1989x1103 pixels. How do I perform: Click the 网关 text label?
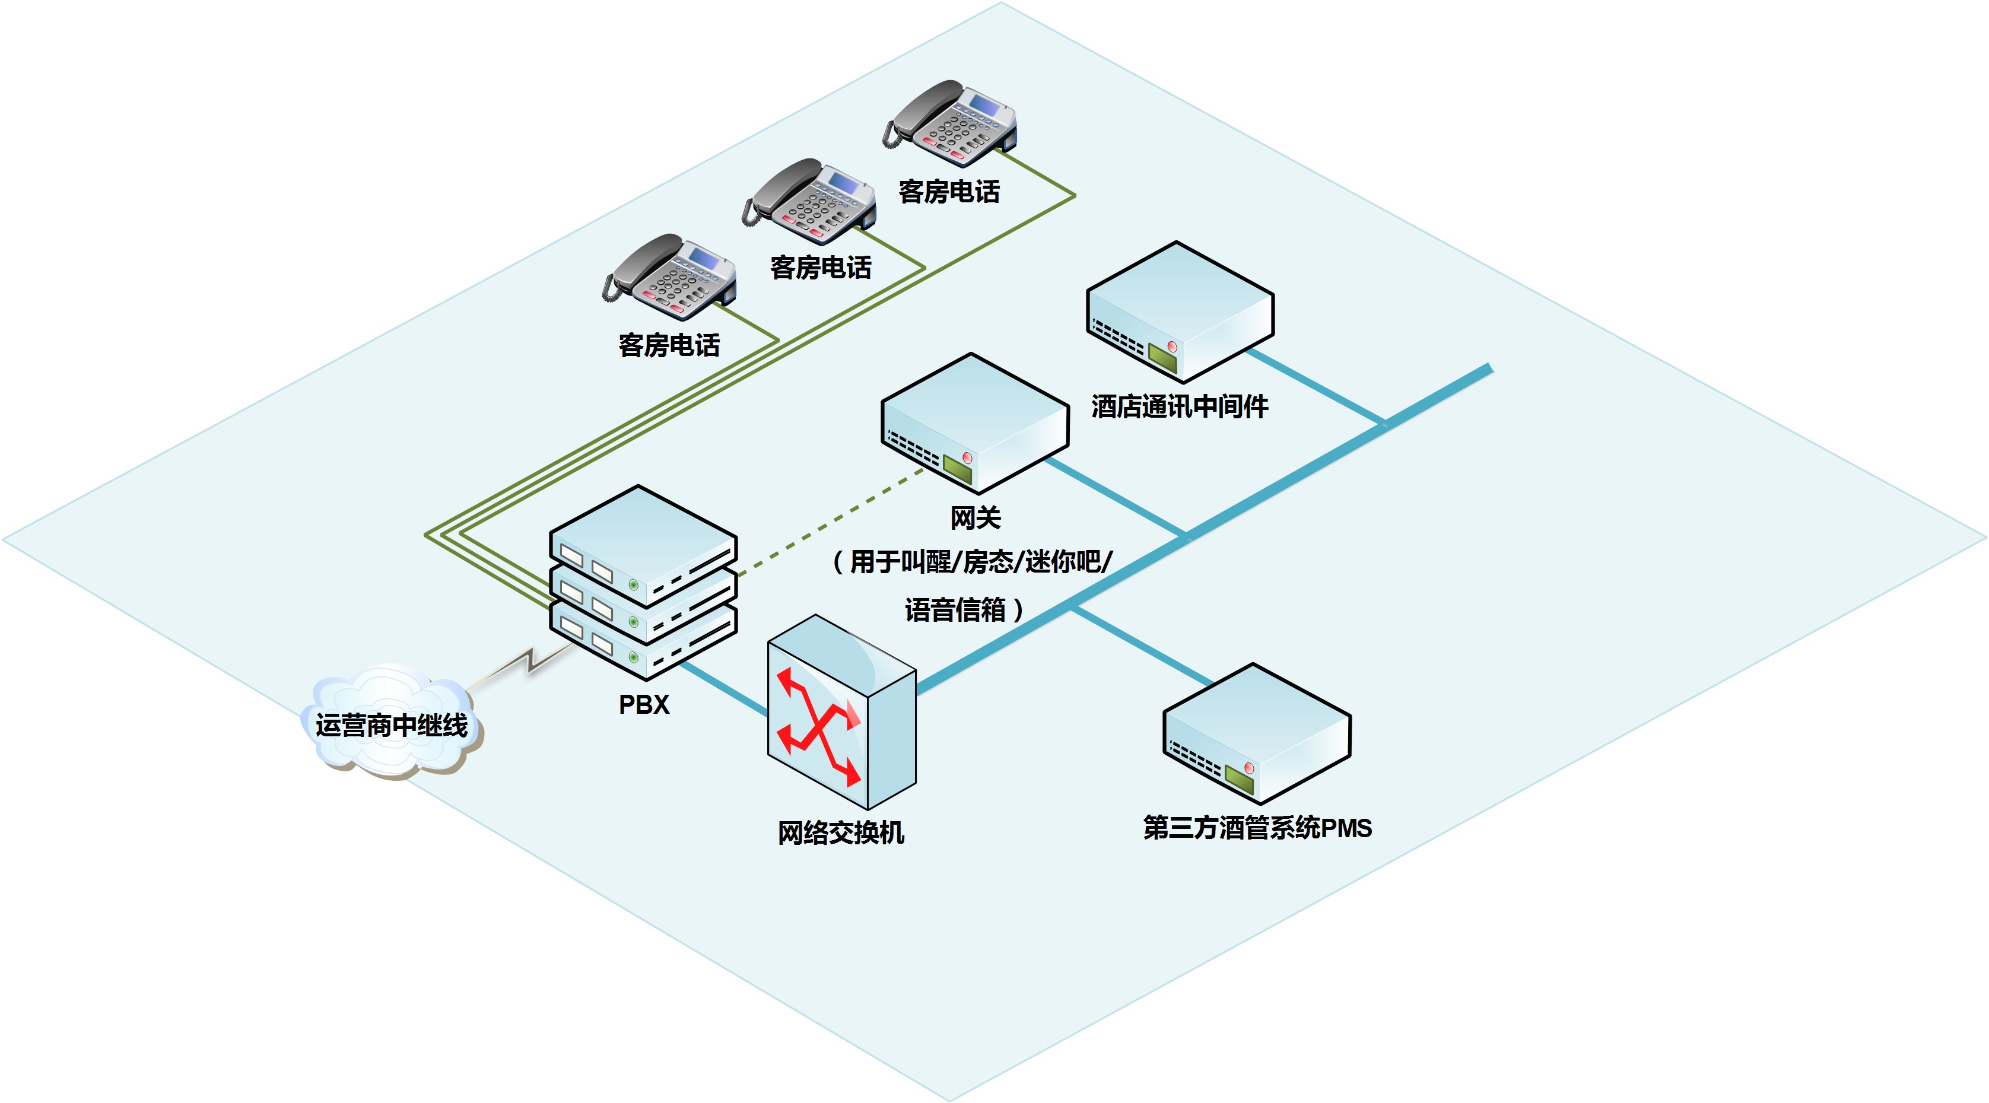(x=975, y=517)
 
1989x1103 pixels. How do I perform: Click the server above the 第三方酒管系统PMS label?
(x=1256, y=733)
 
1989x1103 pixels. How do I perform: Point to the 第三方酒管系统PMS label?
(x=1257, y=828)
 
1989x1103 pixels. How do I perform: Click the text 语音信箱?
(x=956, y=610)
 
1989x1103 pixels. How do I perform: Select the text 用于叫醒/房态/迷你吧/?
(x=981, y=562)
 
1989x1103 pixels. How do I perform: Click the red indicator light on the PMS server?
(x=1248, y=768)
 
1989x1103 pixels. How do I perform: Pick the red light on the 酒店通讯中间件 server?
(x=1171, y=347)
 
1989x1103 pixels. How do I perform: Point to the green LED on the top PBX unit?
(x=634, y=585)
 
